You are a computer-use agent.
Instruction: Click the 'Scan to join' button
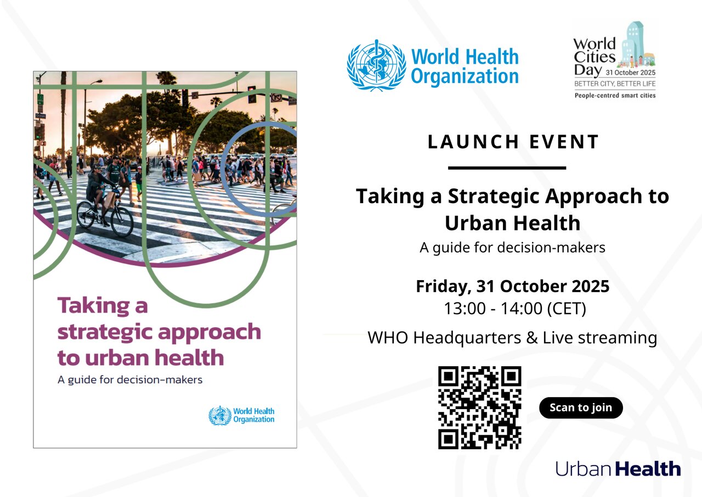coord(581,407)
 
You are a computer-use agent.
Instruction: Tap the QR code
coord(479,407)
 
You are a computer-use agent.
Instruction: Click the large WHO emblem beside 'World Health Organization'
coord(376,65)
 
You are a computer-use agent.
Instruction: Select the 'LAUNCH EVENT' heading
coord(513,142)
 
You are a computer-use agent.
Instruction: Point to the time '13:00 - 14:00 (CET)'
coord(515,309)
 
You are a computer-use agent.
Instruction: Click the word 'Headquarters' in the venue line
coord(467,338)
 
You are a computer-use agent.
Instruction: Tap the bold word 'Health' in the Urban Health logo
coord(648,469)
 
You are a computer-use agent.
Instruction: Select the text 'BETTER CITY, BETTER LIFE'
coord(615,84)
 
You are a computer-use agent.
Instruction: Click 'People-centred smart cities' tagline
coord(615,96)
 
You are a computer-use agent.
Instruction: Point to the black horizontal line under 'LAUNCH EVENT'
coord(507,168)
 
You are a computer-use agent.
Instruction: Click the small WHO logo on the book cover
coord(241,415)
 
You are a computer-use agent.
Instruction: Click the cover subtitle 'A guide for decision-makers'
coord(130,380)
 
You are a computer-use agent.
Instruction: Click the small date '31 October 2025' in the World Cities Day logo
coord(630,72)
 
